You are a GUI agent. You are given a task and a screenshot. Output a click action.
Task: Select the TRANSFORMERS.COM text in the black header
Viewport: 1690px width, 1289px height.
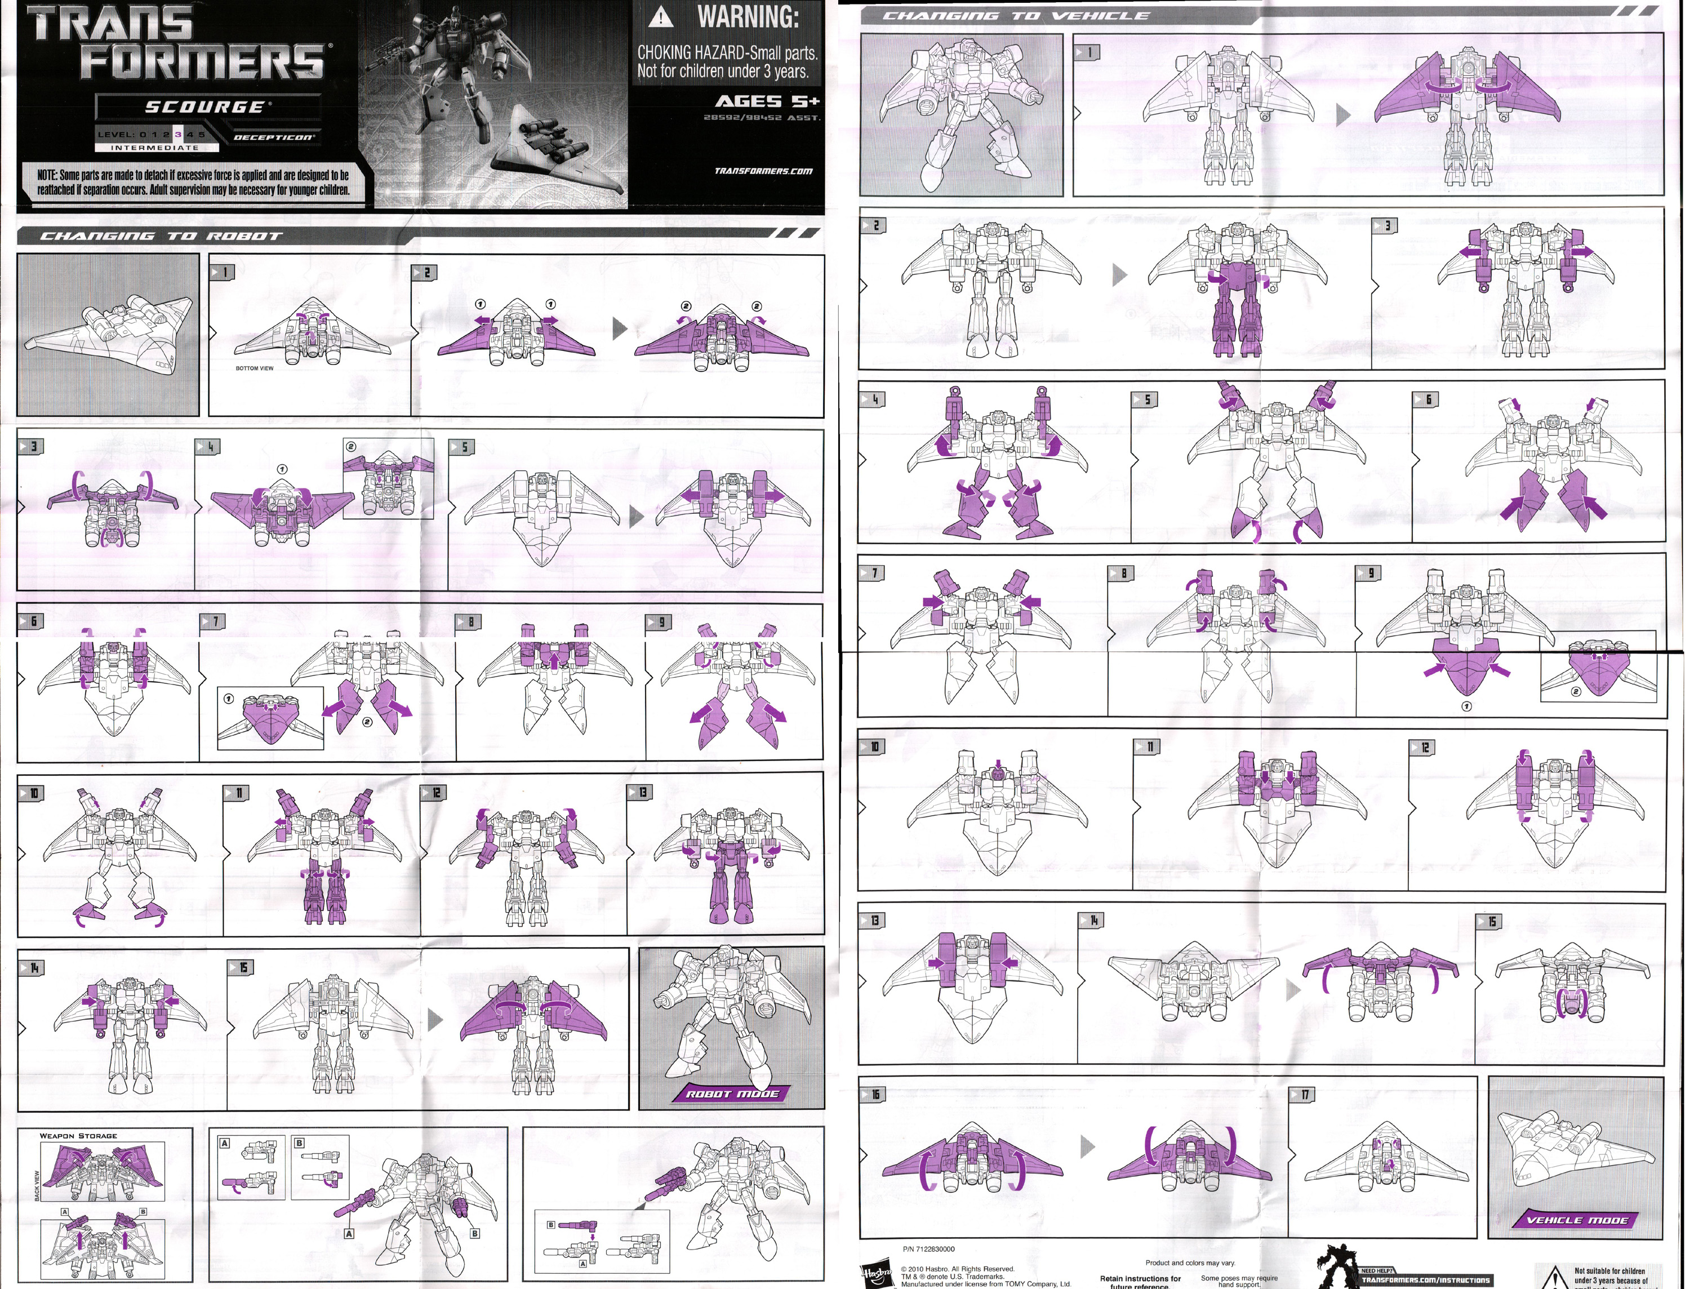(763, 171)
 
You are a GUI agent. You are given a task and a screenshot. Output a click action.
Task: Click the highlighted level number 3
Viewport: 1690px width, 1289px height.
(178, 134)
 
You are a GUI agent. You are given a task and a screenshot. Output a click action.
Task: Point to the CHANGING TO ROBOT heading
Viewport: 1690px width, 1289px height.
(161, 236)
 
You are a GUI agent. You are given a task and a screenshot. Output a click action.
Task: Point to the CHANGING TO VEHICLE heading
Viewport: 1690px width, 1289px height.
(1016, 15)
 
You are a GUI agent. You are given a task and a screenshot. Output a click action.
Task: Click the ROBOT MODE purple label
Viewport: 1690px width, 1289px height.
(732, 1094)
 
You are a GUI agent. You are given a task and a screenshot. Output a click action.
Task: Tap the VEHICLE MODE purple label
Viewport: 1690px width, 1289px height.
(1576, 1220)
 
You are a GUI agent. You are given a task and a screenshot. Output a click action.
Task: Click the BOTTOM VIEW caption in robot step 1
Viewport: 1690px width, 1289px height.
(254, 368)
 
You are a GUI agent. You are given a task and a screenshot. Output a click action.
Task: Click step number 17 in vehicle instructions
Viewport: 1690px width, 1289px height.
(1305, 1095)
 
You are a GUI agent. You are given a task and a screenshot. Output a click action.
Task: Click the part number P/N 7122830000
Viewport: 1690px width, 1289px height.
(929, 1249)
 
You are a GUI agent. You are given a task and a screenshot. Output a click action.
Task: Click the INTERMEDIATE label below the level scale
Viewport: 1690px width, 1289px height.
(154, 147)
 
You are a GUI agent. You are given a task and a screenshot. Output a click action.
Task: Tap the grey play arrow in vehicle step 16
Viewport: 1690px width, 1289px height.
(1088, 1147)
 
